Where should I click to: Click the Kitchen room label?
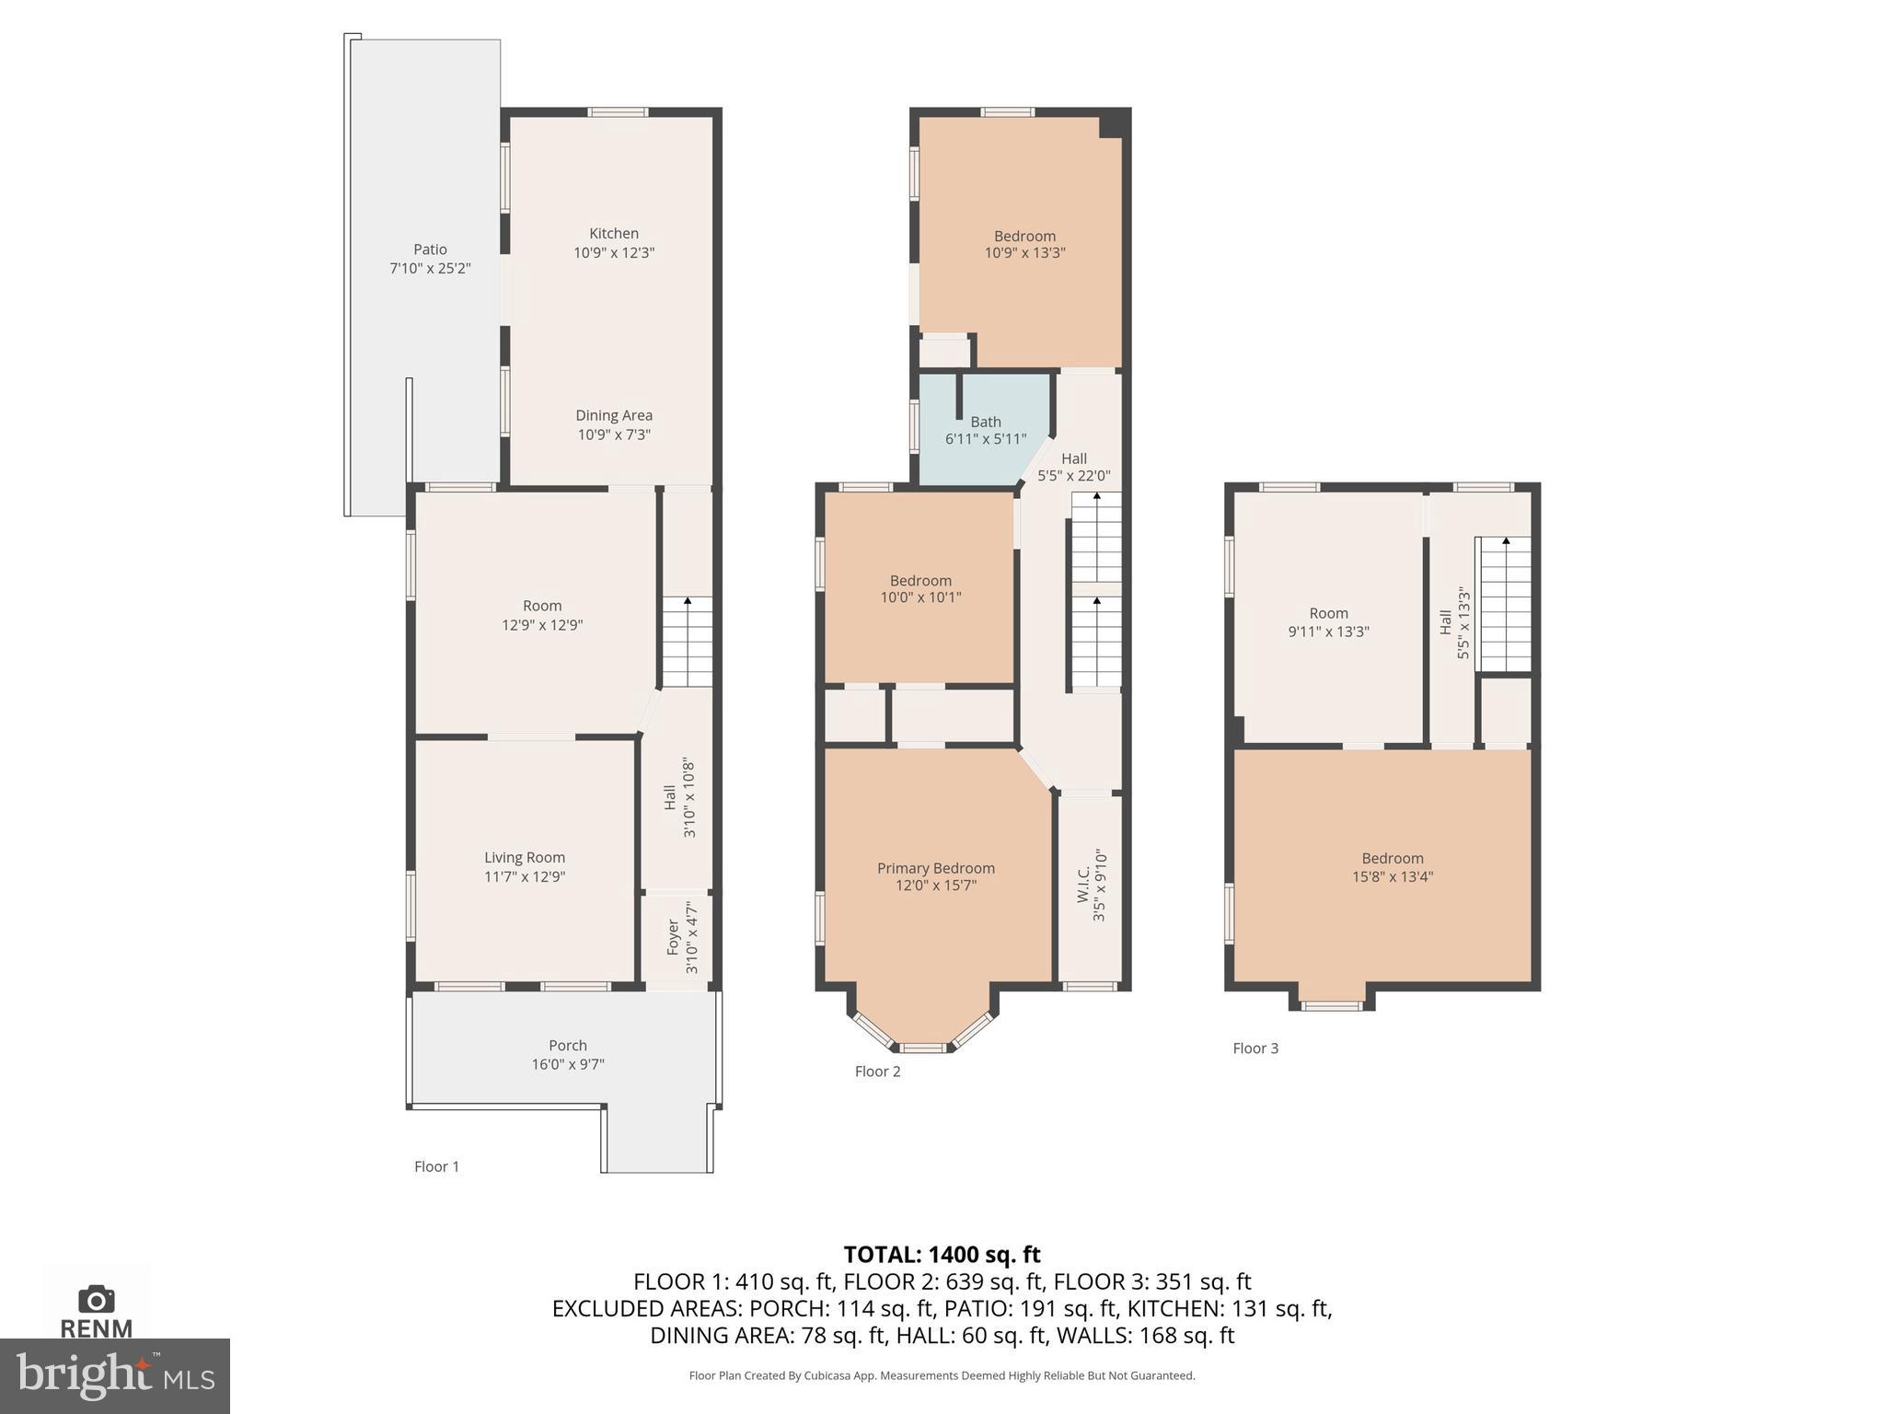(614, 234)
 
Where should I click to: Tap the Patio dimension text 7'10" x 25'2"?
(430, 269)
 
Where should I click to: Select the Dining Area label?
(614, 415)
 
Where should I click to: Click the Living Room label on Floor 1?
(525, 857)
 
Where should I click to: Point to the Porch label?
(567, 1045)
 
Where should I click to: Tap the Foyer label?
(673, 937)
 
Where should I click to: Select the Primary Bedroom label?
(935, 868)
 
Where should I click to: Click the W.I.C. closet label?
(1083, 884)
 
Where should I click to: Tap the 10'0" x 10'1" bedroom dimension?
(920, 597)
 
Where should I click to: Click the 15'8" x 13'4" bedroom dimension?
(1392, 876)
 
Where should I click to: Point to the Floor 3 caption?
(1255, 1048)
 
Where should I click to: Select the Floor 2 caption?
(877, 1071)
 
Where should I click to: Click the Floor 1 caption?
(436, 1166)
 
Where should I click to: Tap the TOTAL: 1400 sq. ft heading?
(942, 1255)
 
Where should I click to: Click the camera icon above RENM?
(96, 1299)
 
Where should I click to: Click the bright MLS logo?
(114, 1375)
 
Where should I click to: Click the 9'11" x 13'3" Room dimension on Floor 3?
(1328, 632)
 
